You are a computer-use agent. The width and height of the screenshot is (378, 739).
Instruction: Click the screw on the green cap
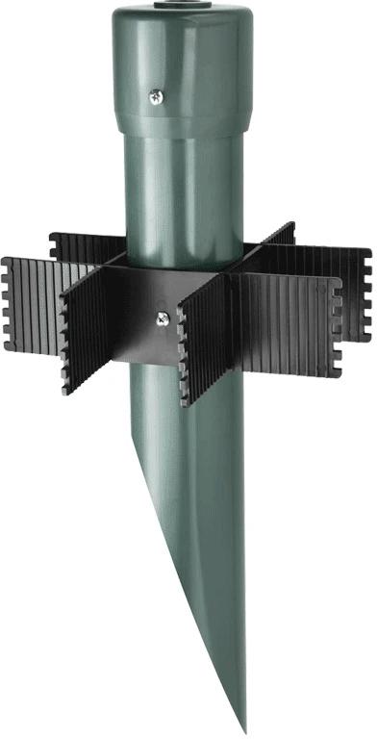point(155,95)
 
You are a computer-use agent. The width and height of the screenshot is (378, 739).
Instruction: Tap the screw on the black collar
point(163,315)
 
